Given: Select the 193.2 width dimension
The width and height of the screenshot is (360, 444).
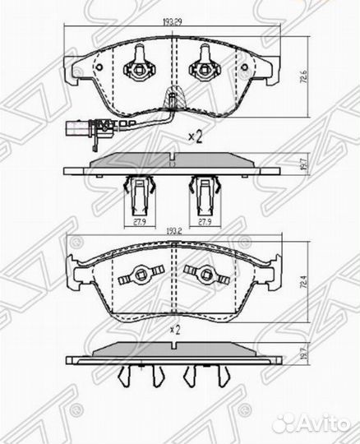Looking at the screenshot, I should click(x=172, y=234).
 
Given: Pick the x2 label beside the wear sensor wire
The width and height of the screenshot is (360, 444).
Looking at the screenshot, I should click(x=195, y=136).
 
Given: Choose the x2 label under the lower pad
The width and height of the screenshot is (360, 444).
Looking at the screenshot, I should click(x=173, y=329).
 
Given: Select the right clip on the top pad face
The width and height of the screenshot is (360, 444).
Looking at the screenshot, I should click(x=202, y=63).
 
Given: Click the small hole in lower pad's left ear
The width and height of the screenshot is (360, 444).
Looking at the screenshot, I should click(x=79, y=244).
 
